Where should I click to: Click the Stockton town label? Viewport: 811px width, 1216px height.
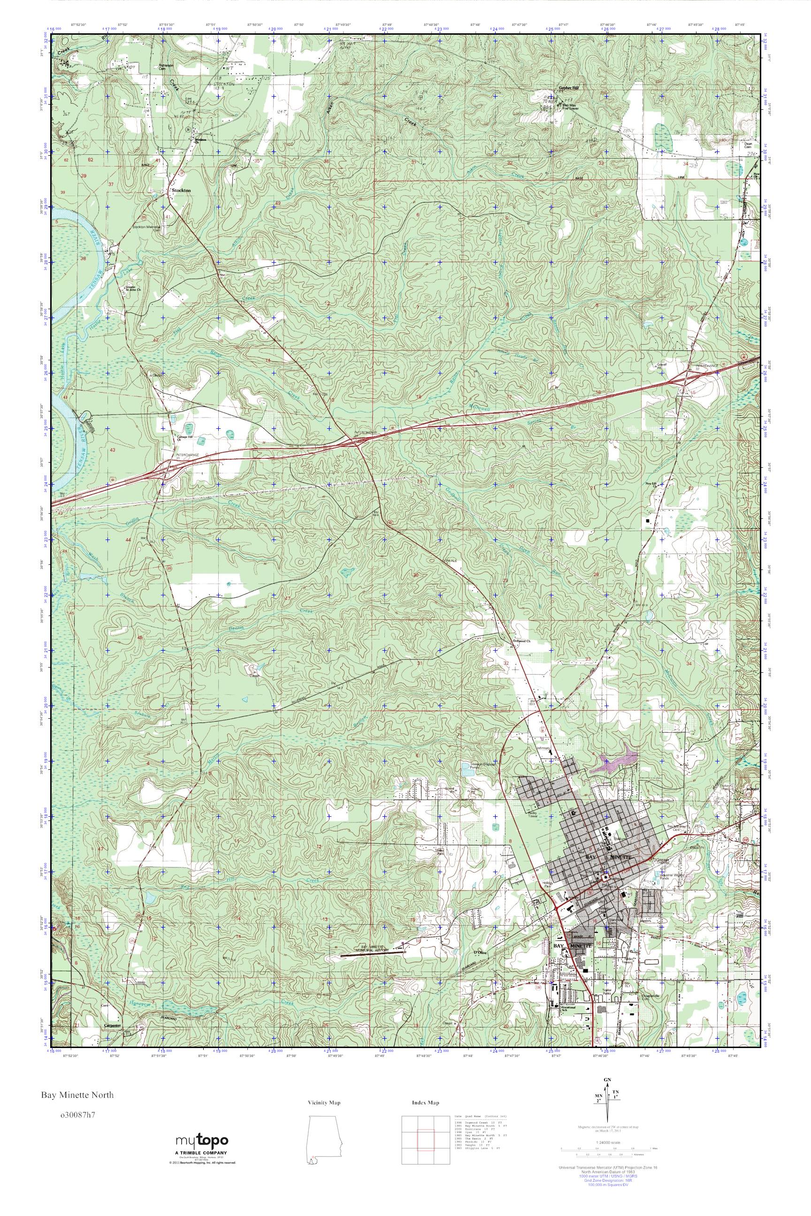(181, 190)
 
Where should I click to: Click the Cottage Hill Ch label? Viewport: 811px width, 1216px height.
(185, 439)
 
